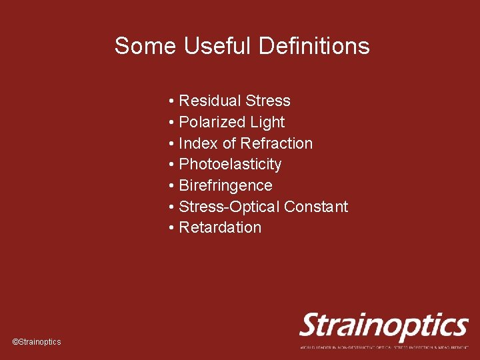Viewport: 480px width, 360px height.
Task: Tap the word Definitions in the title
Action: click(x=313, y=46)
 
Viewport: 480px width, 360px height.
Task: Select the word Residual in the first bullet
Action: click(x=210, y=101)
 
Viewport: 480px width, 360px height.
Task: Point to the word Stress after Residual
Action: click(x=268, y=101)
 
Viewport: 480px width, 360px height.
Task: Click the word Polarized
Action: click(x=213, y=123)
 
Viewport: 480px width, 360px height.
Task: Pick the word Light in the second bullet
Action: click(x=267, y=123)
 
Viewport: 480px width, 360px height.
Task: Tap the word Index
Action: click(x=198, y=143)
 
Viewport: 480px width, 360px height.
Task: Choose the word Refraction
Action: click(x=276, y=143)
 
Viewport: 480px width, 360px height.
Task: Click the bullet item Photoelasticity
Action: click(x=230, y=165)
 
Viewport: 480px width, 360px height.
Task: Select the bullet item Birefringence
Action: click(x=225, y=185)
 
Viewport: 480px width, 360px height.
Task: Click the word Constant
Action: click(x=316, y=207)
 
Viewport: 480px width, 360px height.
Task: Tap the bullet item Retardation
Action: click(x=220, y=227)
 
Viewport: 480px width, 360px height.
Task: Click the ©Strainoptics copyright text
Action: click(x=37, y=342)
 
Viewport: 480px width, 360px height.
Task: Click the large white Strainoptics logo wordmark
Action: click(x=383, y=327)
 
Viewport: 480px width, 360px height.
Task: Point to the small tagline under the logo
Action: click(x=383, y=347)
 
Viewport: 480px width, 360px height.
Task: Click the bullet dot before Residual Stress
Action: click(x=171, y=101)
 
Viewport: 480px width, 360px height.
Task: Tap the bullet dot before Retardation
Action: click(x=171, y=227)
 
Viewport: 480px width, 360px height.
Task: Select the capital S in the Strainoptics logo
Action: click(x=311, y=326)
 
